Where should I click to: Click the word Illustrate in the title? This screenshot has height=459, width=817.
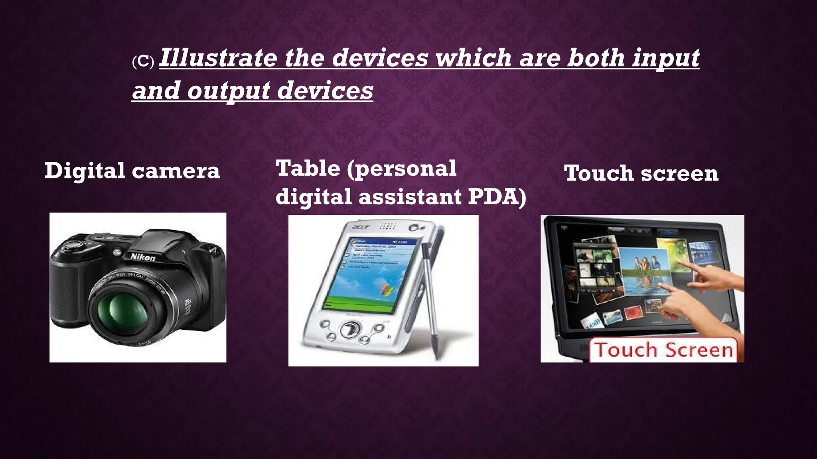click(218, 58)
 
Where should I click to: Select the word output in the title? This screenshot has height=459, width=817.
click(229, 91)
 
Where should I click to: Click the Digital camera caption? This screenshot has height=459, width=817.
click(132, 171)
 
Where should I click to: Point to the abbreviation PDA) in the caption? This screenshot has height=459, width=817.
click(497, 196)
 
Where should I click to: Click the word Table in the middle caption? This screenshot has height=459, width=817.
click(308, 168)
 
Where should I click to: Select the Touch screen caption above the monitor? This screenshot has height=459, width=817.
click(641, 173)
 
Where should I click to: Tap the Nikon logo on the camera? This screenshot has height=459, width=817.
click(143, 257)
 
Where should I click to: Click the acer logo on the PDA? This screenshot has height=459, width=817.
click(361, 228)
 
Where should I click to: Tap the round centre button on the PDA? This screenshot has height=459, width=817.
click(349, 330)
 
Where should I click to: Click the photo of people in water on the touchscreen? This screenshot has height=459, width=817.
click(643, 271)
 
